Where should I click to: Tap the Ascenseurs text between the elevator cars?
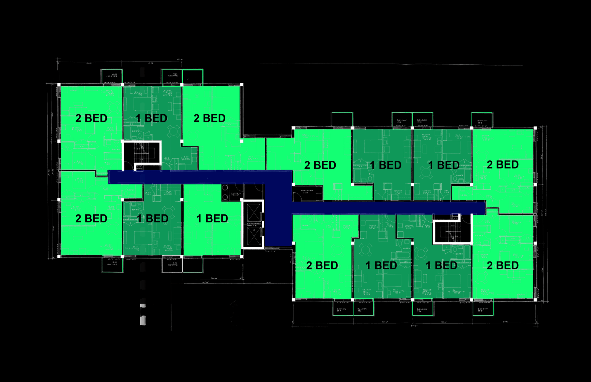253,224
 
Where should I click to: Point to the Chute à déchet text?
236,194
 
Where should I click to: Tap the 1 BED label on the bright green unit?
212,219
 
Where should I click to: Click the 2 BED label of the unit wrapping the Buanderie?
320,165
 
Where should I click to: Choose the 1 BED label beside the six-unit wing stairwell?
152,118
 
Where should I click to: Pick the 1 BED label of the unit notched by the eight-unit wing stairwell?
441,266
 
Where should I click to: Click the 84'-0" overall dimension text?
414,326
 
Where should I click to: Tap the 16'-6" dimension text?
268,283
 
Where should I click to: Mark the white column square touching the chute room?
242,200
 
